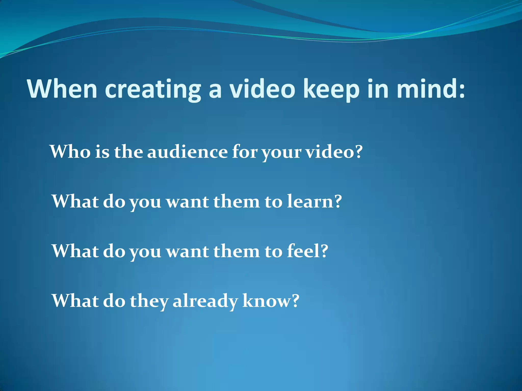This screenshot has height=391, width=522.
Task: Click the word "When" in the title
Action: tap(62, 89)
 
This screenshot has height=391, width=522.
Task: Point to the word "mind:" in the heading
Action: tap(431, 89)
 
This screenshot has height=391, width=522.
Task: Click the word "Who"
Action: tap(70, 152)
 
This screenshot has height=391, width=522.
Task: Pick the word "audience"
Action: tap(187, 152)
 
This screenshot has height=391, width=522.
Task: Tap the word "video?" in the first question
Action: tap(334, 152)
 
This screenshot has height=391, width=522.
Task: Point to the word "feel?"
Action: tap(307, 251)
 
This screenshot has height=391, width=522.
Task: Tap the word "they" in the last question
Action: tap(149, 302)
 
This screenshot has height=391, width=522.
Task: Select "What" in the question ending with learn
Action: tap(75, 201)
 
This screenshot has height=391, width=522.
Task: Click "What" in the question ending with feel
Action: tap(75, 251)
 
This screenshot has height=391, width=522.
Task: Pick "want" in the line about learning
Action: tap(187, 202)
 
